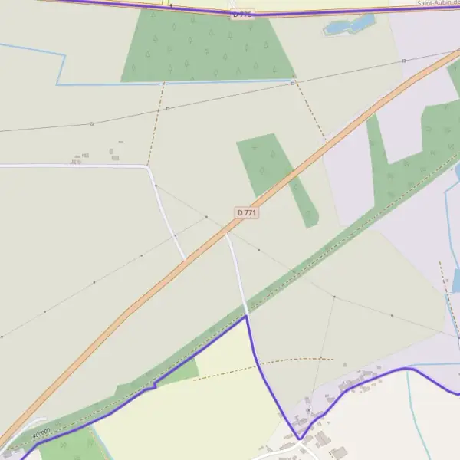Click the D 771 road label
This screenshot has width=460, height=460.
pyautogui.click(x=246, y=212)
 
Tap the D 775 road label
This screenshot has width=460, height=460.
pyautogui.click(x=242, y=14)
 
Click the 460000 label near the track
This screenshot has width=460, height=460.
pyautogui.click(x=41, y=433)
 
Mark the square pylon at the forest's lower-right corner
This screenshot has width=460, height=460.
pyautogui.click(x=292, y=83)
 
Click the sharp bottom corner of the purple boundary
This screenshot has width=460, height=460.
pyautogui.click(x=299, y=439)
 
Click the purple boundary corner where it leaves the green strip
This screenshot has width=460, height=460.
pyautogui.click(x=246, y=316)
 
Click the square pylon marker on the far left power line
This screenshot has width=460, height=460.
pyautogui.click(x=91, y=123)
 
